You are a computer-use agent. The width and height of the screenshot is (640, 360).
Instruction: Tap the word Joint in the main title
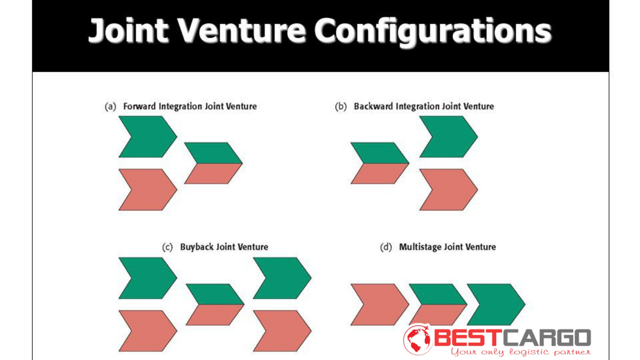[128, 30]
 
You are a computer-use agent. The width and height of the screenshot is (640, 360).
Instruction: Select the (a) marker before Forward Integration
[111, 107]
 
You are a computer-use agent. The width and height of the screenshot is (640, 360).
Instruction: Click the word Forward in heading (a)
[140, 106]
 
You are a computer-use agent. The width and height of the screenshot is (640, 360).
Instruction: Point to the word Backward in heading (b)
[373, 106]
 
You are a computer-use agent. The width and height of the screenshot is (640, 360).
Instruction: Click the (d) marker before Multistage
[386, 247]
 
